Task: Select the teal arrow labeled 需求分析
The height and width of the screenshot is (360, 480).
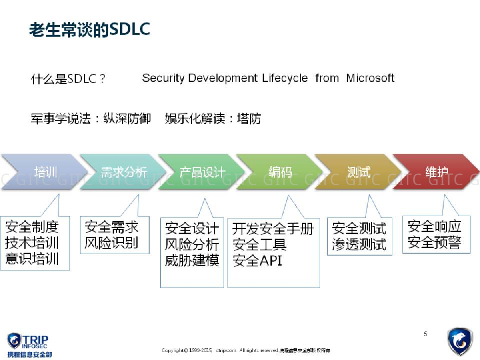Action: (123, 172)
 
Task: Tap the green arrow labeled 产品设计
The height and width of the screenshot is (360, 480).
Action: (202, 172)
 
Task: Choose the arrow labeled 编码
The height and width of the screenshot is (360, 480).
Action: (280, 172)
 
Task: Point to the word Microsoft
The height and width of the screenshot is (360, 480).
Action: (370, 78)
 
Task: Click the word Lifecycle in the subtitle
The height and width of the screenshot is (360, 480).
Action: (285, 78)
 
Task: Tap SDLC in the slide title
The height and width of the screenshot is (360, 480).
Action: (129, 29)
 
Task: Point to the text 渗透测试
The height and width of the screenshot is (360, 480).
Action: (359, 244)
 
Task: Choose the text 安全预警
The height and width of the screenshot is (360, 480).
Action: (434, 242)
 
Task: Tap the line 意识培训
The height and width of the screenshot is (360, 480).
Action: (32, 259)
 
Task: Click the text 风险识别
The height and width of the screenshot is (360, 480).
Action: (112, 243)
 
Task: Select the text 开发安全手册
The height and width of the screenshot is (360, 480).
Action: (273, 229)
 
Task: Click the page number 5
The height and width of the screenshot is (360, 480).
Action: (425, 334)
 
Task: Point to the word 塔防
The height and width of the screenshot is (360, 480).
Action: (249, 119)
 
